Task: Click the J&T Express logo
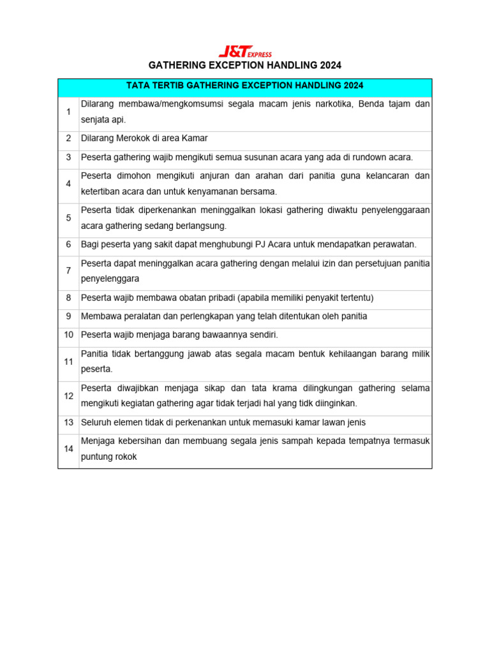pos(245,52)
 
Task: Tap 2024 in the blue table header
pos(351,85)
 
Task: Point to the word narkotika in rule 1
pos(325,103)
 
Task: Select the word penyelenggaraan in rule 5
pos(396,210)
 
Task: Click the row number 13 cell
pos(68,422)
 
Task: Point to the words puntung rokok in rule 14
pos(109,457)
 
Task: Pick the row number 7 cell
pos(68,270)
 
